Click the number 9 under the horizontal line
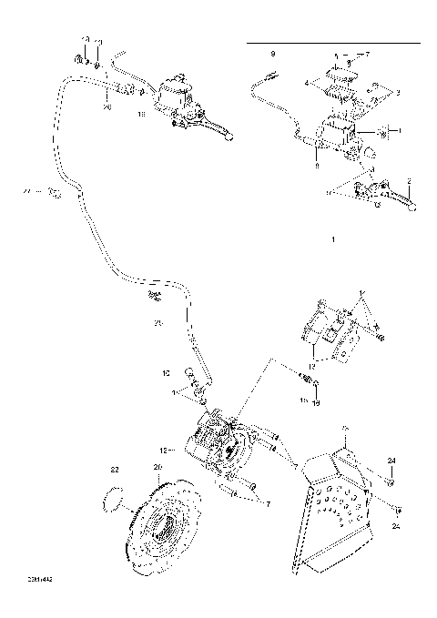click(x=271, y=55)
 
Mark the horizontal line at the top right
click(x=333, y=42)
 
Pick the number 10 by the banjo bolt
click(x=166, y=373)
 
